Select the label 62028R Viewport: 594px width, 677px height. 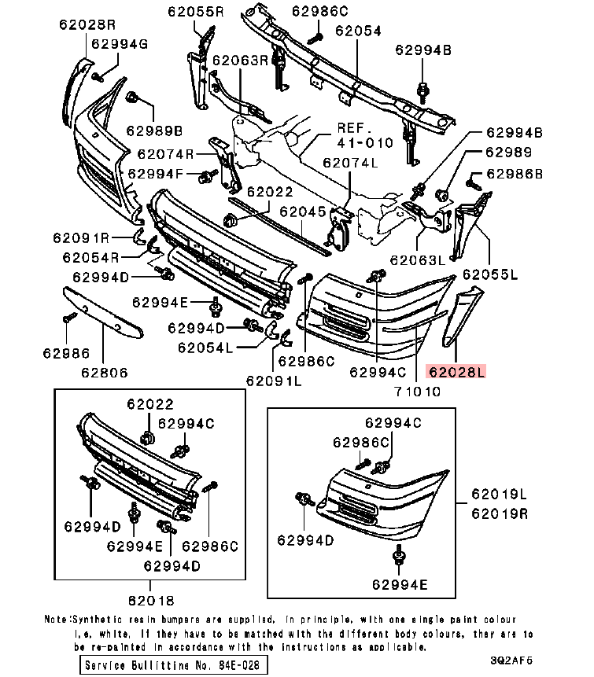[x=87, y=24]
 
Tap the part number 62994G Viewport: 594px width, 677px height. [x=120, y=44]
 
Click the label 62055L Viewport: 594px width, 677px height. [x=490, y=274]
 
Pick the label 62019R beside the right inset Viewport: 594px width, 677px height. [x=498, y=514]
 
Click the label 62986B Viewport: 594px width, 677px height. [x=515, y=174]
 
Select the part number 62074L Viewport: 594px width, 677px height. [x=350, y=163]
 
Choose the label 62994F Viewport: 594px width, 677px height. [x=155, y=174]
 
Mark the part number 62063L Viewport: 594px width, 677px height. [x=417, y=259]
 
